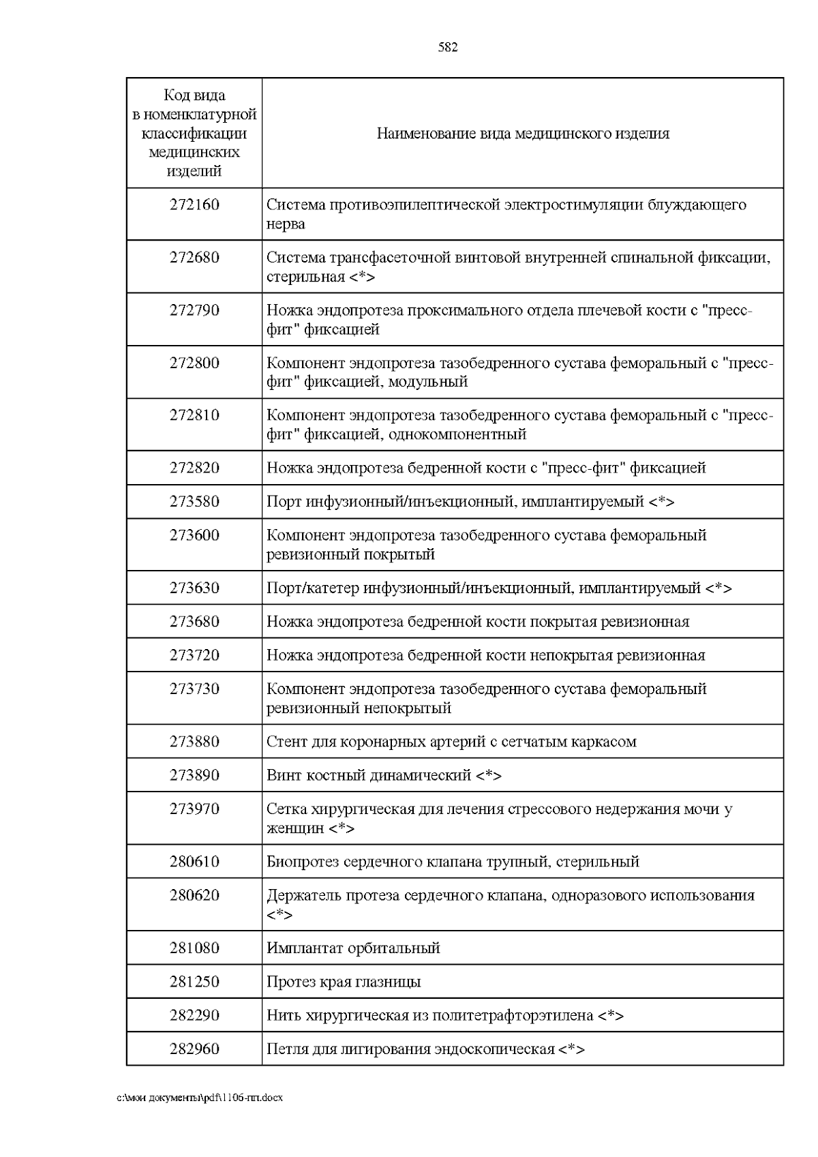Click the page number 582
447,47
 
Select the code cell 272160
194,205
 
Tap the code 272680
194,258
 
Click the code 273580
194,502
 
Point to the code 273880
194,741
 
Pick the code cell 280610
194,861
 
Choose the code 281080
194,948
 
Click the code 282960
194,1049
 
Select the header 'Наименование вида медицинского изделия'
523,134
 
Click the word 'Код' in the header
177,95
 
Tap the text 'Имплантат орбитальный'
353,948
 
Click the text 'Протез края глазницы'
344,982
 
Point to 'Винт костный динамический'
369,775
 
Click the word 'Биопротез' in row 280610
299,861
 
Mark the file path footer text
200,1098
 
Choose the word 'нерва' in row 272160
286,224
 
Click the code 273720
194,655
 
